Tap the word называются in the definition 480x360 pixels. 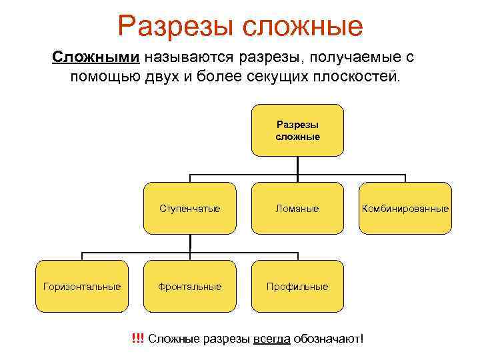(179, 57)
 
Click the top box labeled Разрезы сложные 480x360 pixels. (297, 130)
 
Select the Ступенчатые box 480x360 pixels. (190, 209)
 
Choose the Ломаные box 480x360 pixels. (297, 209)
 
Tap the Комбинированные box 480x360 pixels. (405, 209)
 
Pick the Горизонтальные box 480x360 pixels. (82, 287)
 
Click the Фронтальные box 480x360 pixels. (190, 287)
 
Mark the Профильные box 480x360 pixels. (297, 287)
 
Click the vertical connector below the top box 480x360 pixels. (297, 165)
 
